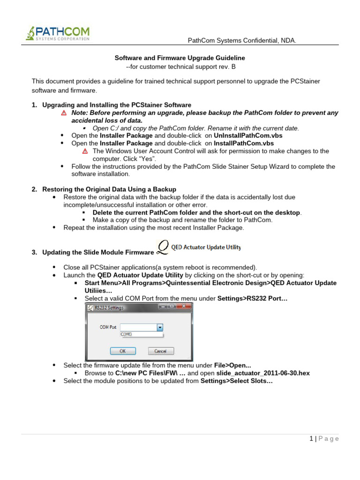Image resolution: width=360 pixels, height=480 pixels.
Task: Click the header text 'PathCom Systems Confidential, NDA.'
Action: [242, 41]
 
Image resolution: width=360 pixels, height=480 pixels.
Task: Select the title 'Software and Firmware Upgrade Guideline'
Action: [180, 58]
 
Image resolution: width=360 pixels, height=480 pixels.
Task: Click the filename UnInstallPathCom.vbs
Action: [248, 135]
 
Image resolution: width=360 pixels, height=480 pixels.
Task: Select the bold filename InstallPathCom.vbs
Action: [244, 143]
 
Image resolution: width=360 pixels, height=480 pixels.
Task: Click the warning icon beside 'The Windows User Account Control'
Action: [85, 151]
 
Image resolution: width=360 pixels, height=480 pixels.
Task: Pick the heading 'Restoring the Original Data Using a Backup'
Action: [109, 189]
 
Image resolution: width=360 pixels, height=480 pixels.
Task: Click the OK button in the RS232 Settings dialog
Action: [122, 351]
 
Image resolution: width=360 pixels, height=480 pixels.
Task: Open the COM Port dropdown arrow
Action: [160, 327]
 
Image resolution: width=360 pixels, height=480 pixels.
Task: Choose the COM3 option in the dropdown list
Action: [127, 334]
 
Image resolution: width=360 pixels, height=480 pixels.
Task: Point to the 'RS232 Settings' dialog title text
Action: [109, 307]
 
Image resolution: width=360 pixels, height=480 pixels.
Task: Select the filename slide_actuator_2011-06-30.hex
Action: [263, 373]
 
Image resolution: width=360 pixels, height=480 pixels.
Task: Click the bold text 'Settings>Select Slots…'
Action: [237, 381]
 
